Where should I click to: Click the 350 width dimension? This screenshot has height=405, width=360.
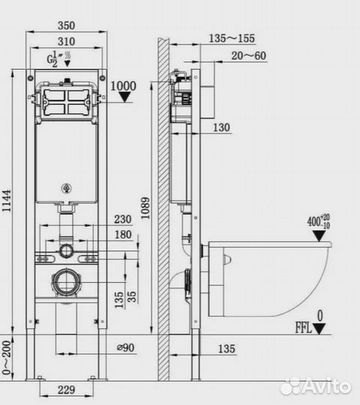coord(66,25)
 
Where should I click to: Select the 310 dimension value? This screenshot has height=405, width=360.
coord(66,41)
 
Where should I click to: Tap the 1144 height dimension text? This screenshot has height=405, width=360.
coord(7,201)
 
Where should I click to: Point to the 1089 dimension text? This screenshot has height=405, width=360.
coord(145,208)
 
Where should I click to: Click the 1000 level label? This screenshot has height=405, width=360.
coord(123,86)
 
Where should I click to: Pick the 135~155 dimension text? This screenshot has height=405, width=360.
coord(232,38)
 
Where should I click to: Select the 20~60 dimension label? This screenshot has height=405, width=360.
coord(248,55)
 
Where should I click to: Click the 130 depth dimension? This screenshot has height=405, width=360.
coord(221,127)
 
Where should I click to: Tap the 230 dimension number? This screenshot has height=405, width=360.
coord(123,219)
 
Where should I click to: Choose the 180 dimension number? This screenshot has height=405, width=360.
coord(123,235)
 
